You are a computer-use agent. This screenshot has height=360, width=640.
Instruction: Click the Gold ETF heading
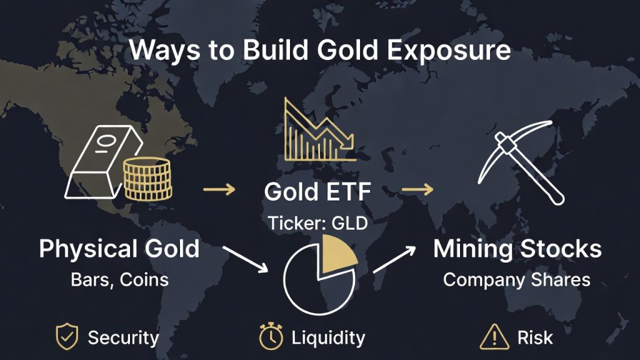coord(317,192)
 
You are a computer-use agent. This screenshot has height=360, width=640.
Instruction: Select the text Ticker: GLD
coord(317,222)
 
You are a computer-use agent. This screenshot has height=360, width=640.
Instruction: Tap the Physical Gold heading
coord(119,249)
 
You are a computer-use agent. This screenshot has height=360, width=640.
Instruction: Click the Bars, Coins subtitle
coord(119,279)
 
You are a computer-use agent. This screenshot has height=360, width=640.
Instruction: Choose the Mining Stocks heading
coord(517,249)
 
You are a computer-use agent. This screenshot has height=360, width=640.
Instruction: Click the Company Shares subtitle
coord(517,279)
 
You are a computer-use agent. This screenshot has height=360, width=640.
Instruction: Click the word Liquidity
coord(328,338)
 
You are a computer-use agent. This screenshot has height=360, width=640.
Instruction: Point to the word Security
coord(123,338)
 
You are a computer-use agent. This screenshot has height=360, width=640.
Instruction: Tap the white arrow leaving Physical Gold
coord(245,257)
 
